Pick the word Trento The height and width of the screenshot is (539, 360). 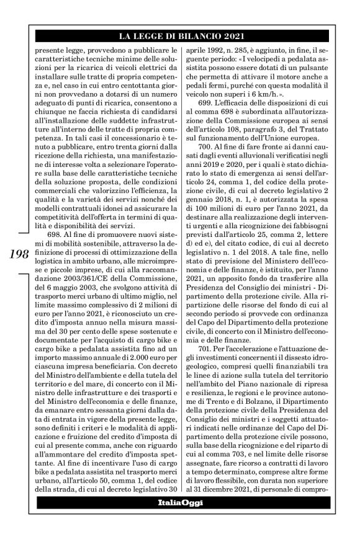point(220,418)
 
